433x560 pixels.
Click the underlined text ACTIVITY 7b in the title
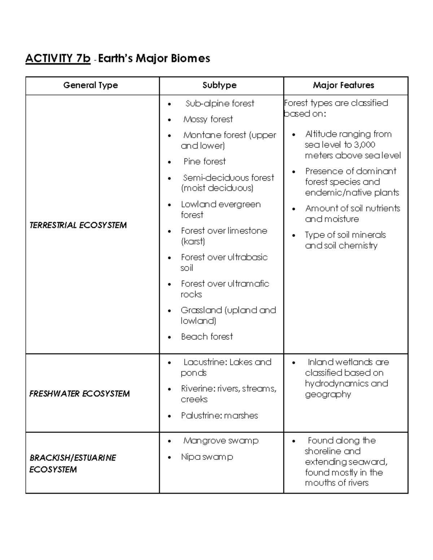tap(58, 58)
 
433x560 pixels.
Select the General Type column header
tap(91, 85)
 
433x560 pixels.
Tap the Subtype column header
tap(219, 85)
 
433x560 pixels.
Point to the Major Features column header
tap(344, 85)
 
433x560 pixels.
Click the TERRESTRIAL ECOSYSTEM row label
tap(78, 225)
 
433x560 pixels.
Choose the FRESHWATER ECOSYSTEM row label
tap(79, 394)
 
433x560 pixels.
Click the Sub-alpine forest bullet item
tap(220, 103)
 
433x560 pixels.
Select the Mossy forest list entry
tap(208, 119)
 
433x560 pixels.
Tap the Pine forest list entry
tap(205, 162)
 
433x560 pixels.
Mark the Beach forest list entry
tap(207, 337)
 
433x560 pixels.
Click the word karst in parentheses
tap(193, 242)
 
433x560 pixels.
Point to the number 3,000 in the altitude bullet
tap(364, 145)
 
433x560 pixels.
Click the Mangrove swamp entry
tap(221, 441)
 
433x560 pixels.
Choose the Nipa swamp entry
tap(207, 457)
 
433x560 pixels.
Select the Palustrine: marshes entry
tap(219, 416)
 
